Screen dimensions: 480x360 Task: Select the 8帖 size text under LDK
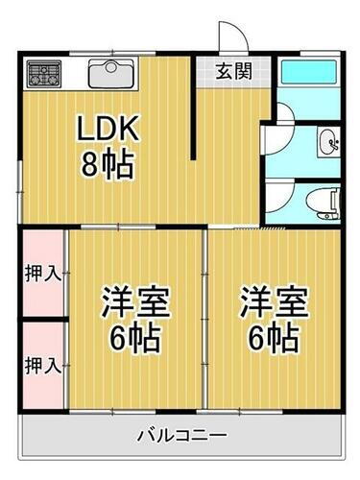click(x=108, y=166)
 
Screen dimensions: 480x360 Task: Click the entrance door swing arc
click(x=231, y=36)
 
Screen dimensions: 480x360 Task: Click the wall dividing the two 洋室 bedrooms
click(x=205, y=317)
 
